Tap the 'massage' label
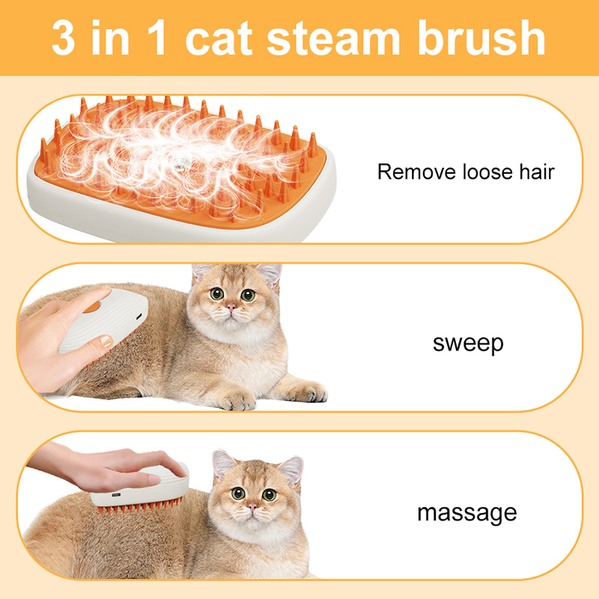[x=466, y=513]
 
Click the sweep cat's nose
[x=232, y=308]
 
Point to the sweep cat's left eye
[x=216, y=294]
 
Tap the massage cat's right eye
[x=269, y=495]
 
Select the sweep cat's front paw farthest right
[x=307, y=392]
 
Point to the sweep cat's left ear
[x=201, y=273]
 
